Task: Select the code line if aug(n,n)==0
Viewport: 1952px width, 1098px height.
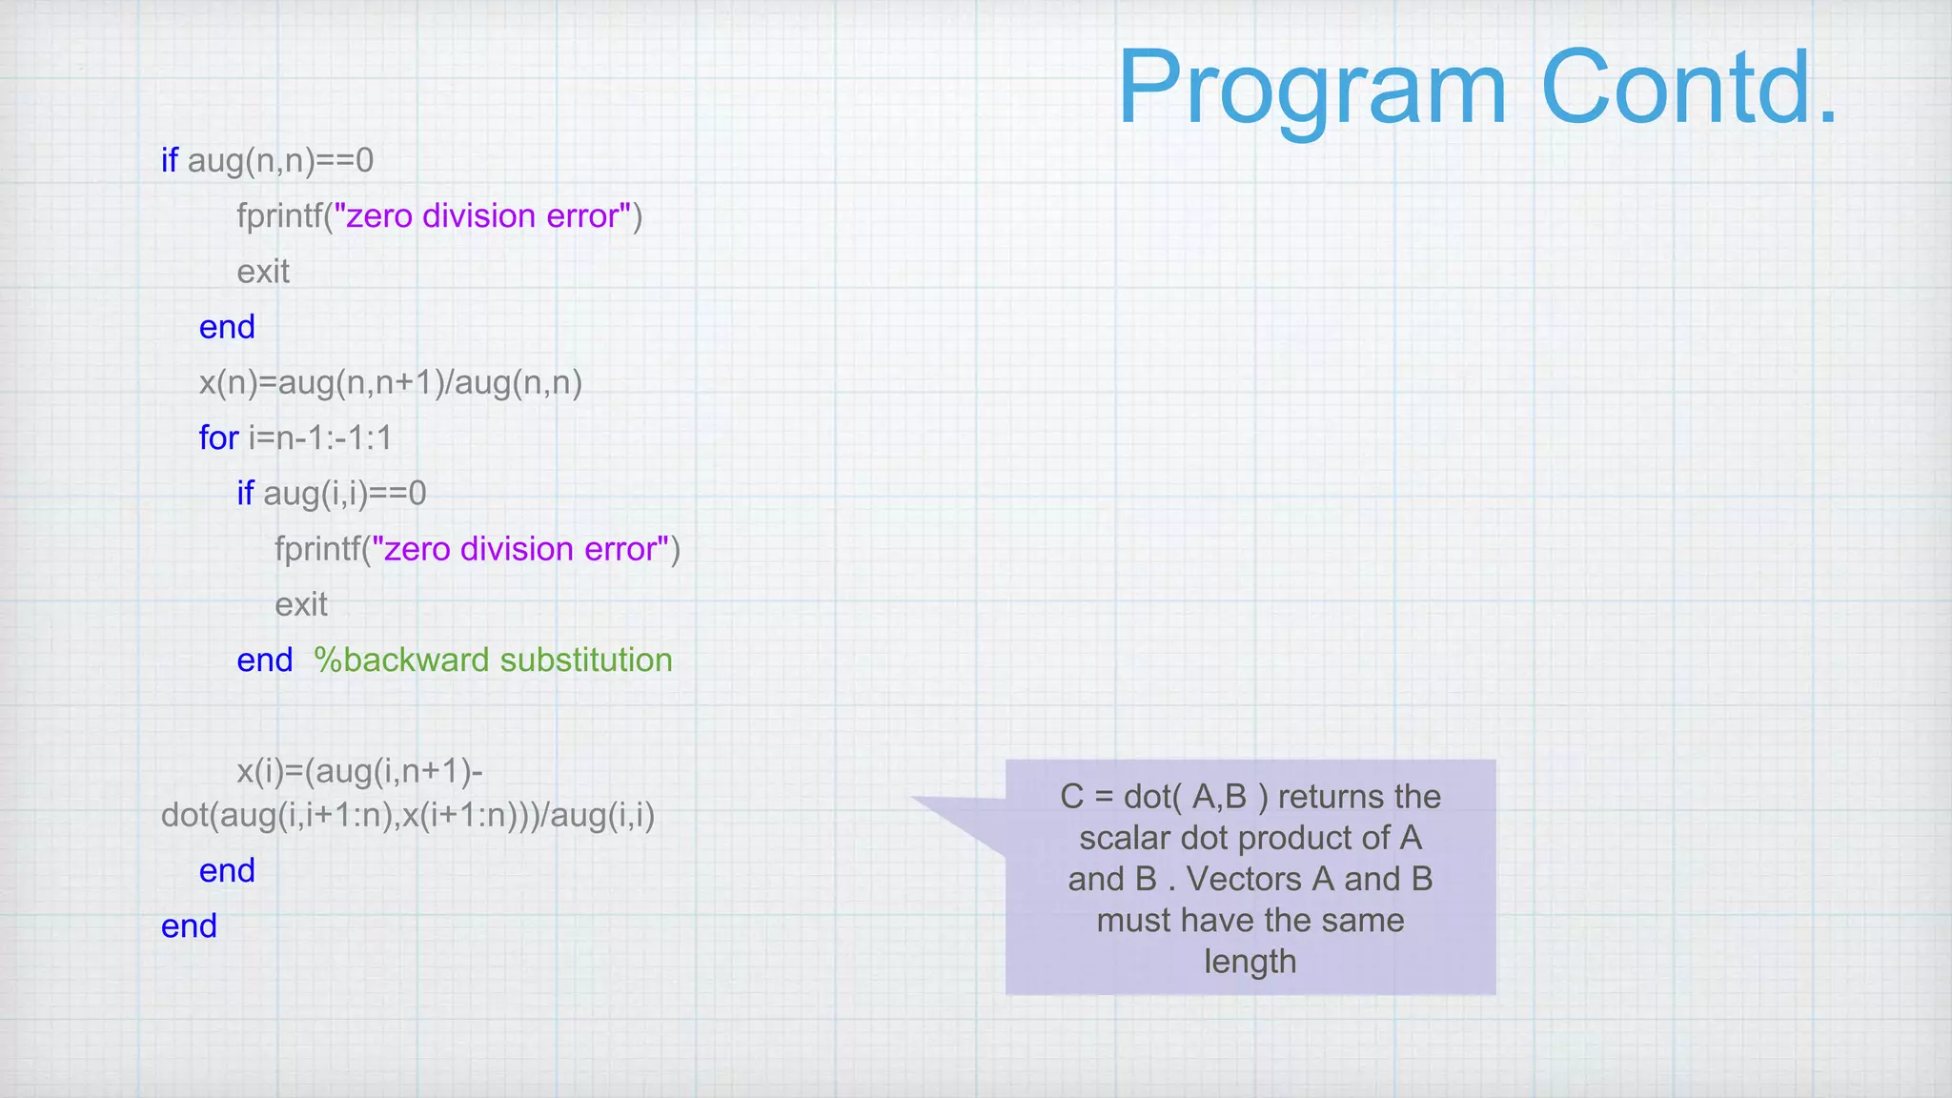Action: (267, 160)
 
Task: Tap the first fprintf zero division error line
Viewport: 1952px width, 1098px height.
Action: (439, 216)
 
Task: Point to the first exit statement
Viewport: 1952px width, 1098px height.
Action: (263, 272)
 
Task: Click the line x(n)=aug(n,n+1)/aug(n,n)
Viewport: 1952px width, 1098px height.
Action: (390, 382)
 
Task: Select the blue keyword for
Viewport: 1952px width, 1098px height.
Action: (218, 437)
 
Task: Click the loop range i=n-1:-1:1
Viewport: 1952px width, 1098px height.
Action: (320, 437)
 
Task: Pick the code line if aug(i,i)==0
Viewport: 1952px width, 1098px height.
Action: (331, 493)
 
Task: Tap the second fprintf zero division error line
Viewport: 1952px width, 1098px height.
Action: (477, 549)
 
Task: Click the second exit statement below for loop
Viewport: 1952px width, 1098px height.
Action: (301, 604)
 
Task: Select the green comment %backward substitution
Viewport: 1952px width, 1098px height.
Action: (493, 660)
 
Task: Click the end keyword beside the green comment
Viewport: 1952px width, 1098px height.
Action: (264, 660)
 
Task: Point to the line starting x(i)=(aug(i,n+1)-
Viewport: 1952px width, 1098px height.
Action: (359, 770)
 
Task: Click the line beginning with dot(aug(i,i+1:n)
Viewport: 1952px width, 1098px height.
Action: (408, 815)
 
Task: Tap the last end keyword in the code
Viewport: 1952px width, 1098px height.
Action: (189, 925)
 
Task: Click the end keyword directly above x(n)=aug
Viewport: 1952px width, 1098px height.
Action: (227, 327)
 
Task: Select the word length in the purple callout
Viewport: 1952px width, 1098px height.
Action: (1250, 961)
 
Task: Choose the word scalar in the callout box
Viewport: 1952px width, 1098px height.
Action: (1125, 838)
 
